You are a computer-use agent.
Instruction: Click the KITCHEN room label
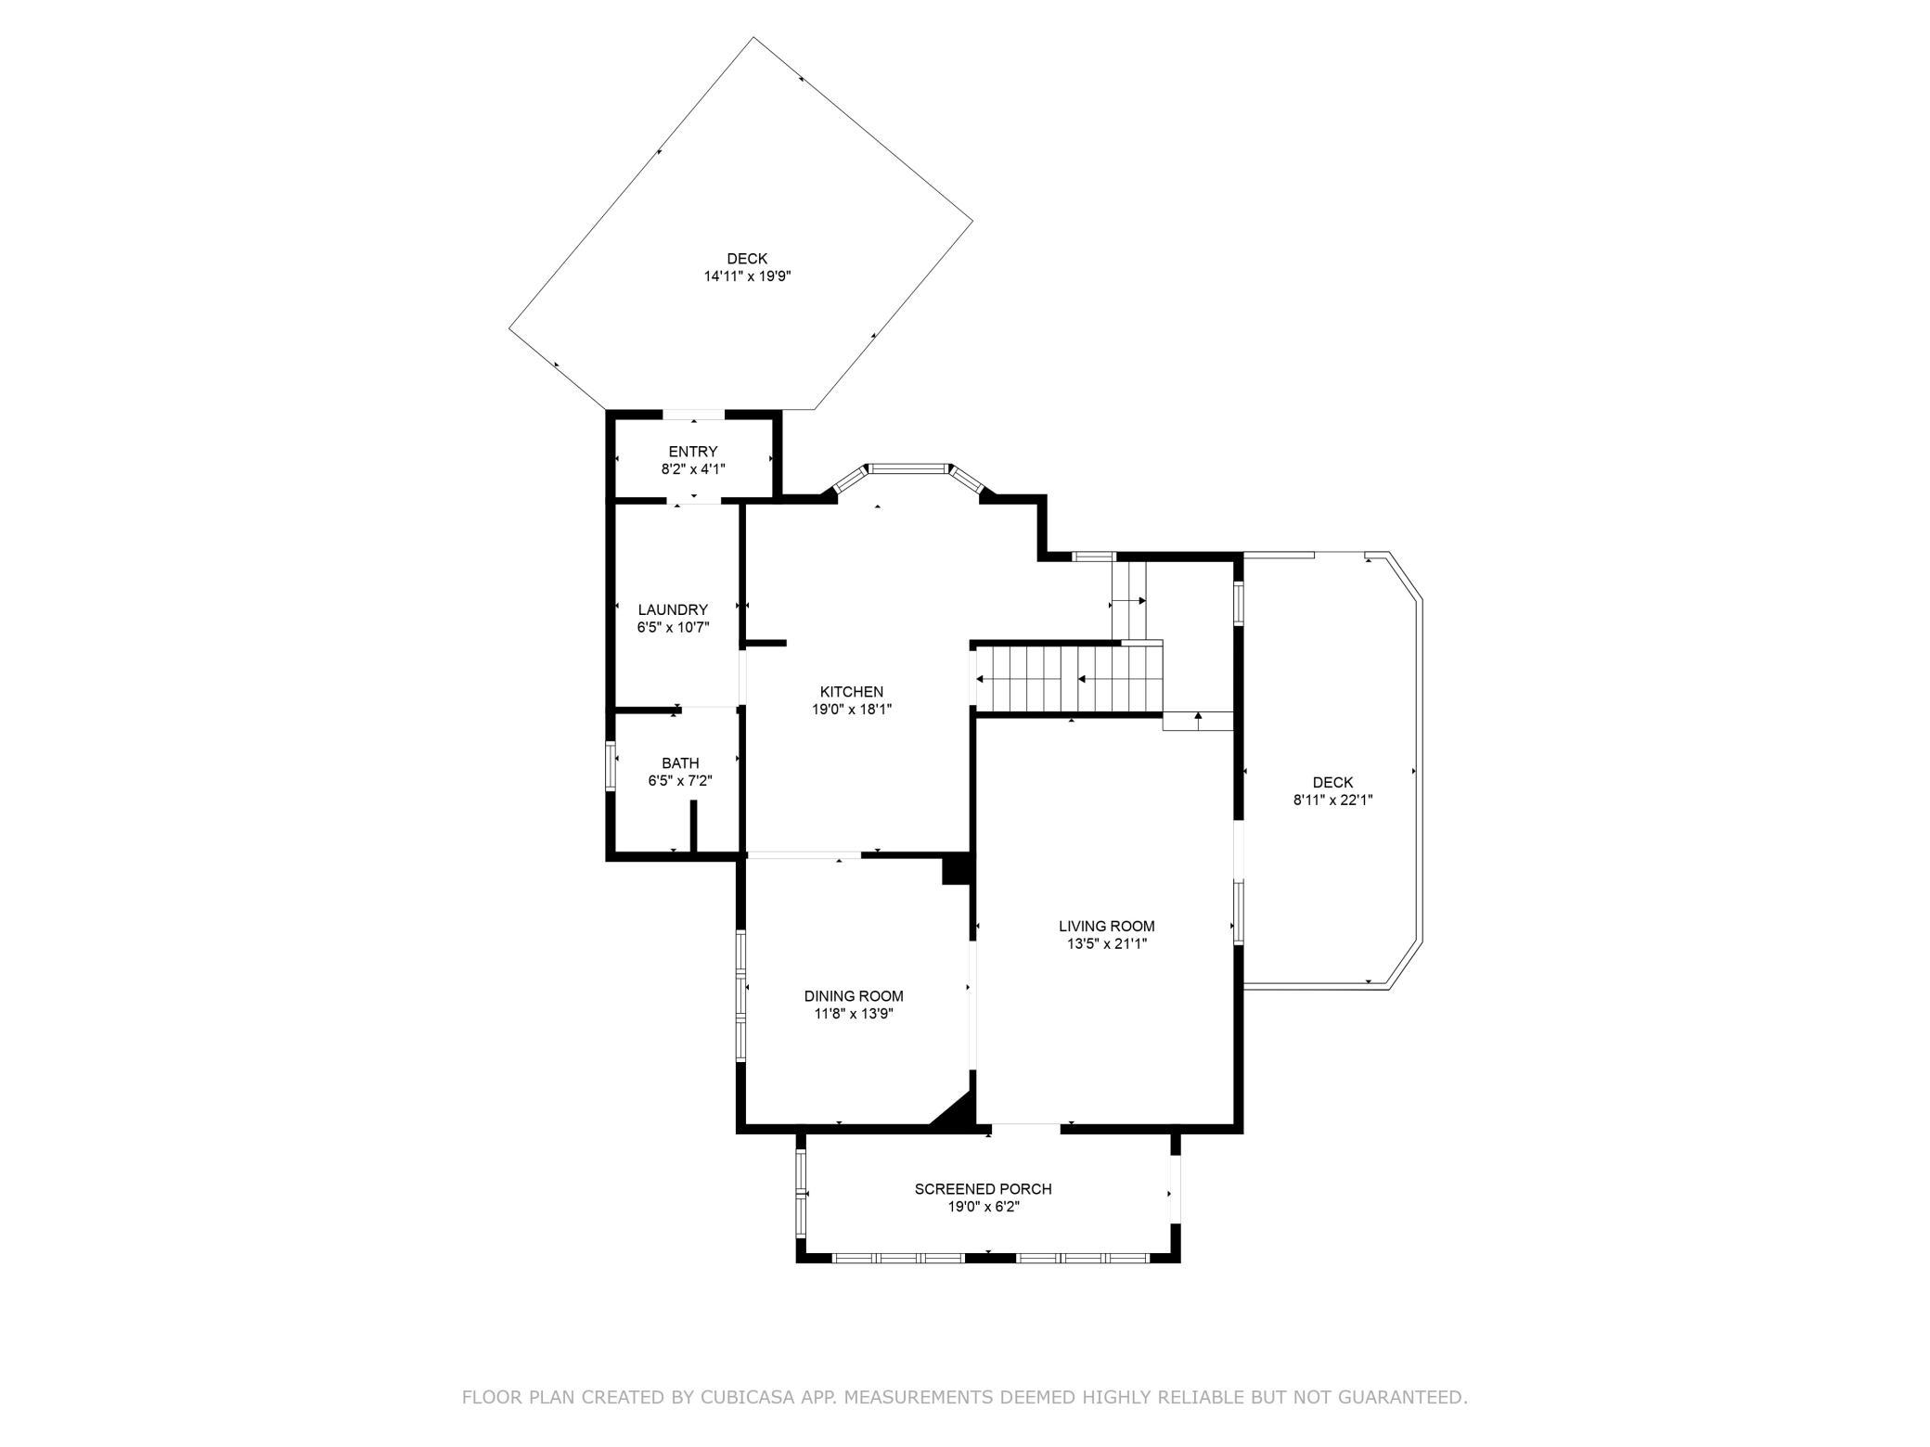click(851, 692)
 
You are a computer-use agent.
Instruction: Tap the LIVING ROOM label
click(1106, 926)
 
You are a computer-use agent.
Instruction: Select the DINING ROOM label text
click(854, 996)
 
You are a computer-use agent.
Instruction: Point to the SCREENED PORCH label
click(983, 1189)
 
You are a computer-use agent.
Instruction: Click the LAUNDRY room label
click(673, 609)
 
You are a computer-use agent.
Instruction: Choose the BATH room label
click(680, 763)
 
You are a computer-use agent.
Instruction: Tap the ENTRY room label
click(693, 452)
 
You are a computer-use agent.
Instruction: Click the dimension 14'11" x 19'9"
click(747, 276)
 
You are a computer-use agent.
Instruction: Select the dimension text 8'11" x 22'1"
click(1332, 800)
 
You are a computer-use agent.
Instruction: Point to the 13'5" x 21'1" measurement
click(1106, 943)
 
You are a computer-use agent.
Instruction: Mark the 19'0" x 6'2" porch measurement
click(983, 1207)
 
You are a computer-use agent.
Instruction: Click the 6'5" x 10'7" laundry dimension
click(673, 627)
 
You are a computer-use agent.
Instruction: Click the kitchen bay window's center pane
click(907, 468)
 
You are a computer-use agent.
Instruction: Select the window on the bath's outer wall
click(611, 765)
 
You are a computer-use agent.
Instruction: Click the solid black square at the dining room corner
click(956, 870)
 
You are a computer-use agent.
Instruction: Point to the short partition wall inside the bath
click(693, 826)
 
